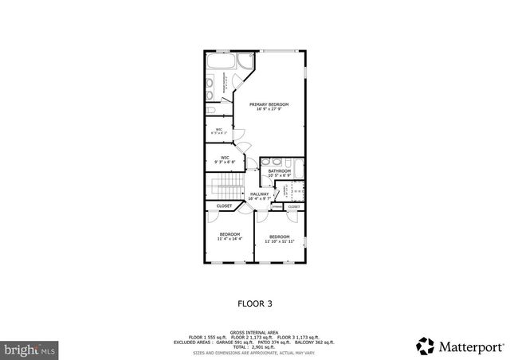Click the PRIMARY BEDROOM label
pos(269,104)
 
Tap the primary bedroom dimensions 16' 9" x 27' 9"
pos(269,109)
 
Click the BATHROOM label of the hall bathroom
pos(279,170)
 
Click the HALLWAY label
pos(260,194)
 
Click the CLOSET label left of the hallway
pos(224,206)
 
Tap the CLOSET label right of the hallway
pos(294,206)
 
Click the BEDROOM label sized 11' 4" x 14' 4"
pos(229,234)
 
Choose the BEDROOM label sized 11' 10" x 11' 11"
pos(279,237)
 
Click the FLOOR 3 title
pos(255,303)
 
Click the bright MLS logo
pos(29,349)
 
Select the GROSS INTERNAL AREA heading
pos(254,333)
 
